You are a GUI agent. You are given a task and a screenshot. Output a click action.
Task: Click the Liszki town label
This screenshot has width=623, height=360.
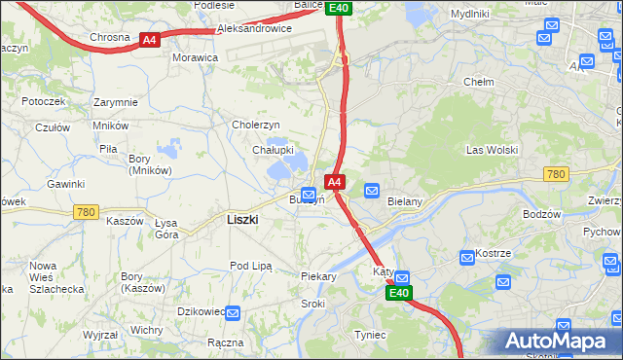(x=242, y=220)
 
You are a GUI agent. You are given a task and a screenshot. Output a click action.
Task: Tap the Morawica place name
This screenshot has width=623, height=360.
(x=195, y=58)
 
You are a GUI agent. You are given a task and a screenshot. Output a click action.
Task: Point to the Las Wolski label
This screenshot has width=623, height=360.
(x=492, y=151)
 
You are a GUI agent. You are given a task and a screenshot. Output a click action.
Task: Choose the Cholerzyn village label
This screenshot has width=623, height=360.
(x=256, y=126)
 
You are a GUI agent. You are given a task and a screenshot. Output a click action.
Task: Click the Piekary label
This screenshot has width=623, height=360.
(x=318, y=277)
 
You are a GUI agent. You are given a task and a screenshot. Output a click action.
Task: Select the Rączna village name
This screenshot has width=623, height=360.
(x=225, y=343)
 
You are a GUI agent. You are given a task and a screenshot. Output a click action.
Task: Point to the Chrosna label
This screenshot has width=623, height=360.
(x=109, y=38)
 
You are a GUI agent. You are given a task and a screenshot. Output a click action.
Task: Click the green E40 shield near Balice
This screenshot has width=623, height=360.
(x=338, y=8)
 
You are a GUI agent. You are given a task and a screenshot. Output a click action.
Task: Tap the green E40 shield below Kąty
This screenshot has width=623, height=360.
(x=398, y=293)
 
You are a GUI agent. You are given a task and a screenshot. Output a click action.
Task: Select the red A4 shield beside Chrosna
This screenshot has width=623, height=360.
(x=149, y=40)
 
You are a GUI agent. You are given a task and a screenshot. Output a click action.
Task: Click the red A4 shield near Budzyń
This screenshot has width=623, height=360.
(x=334, y=182)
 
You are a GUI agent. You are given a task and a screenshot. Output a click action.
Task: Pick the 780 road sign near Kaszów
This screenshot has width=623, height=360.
(x=86, y=211)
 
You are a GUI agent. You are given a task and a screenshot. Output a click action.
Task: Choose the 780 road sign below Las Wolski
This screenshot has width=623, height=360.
(x=556, y=174)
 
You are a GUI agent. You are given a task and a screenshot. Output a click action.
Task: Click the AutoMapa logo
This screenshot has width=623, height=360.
(x=559, y=342)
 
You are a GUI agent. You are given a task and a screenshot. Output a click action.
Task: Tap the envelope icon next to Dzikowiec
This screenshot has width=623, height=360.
(x=234, y=312)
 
